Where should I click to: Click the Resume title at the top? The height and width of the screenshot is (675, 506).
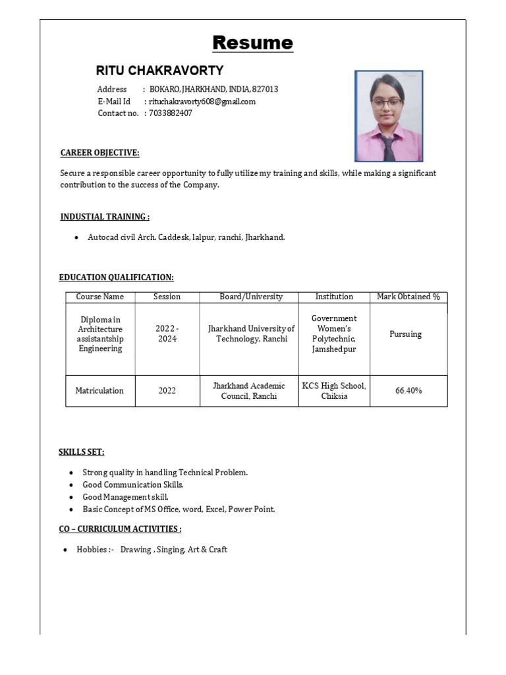(252, 43)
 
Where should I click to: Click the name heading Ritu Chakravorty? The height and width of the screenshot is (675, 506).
(159, 71)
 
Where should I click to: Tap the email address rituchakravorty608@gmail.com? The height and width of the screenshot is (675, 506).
(202, 102)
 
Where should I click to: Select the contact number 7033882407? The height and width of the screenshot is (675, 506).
(171, 113)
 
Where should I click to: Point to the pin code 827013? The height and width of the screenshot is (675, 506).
(265, 89)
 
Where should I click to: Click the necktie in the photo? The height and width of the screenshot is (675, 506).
(389, 148)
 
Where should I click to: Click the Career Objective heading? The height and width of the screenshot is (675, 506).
(99, 153)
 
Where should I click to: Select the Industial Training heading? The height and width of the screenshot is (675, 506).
(104, 217)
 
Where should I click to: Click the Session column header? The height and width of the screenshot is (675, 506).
(167, 297)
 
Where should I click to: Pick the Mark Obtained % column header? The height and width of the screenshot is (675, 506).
(408, 297)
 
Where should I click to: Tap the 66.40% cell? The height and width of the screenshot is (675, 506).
(408, 391)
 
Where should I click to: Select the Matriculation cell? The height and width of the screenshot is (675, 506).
(99, 391)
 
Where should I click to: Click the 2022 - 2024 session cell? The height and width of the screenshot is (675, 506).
(167, 334)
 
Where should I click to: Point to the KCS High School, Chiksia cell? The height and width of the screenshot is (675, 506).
(334, 391)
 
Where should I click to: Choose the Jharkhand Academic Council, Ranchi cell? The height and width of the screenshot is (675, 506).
(249, 391)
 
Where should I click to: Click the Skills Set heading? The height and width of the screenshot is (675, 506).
(82, 452)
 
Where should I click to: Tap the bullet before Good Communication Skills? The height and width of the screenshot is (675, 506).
(71, 485)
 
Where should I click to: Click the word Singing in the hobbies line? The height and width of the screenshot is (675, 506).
(170, 549)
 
